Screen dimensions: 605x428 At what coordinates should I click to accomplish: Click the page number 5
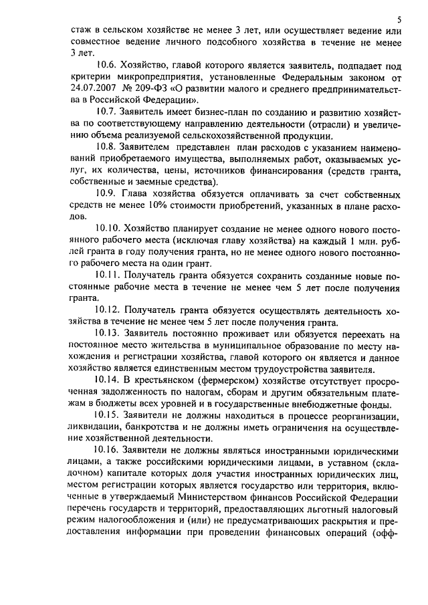tap(399, 19)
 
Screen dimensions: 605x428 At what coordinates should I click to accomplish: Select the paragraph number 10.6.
tap(107, 65)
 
